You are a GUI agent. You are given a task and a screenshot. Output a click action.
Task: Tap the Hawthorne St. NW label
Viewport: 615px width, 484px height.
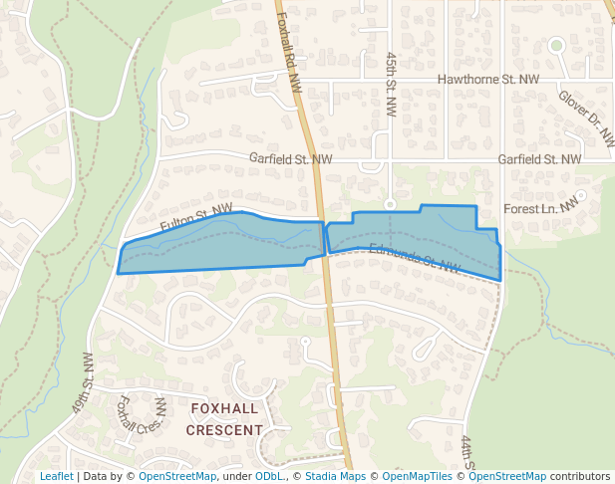coord(488,79)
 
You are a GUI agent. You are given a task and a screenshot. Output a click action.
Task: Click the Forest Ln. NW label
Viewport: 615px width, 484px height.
coord(540,207)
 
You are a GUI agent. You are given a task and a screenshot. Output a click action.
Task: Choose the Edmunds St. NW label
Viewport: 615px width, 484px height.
coord(413,259)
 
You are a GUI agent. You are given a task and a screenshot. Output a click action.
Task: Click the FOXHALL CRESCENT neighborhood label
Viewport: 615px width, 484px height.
coord(224,419)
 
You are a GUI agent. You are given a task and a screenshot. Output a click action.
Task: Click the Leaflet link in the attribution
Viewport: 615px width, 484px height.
coord(56,476)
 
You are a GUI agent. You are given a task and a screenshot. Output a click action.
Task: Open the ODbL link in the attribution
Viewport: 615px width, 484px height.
coord(268,476)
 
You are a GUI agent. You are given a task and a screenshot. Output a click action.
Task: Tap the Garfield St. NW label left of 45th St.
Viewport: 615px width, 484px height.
coord(290,158)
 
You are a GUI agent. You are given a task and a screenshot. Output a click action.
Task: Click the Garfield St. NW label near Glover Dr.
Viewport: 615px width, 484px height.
coord(539,159)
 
